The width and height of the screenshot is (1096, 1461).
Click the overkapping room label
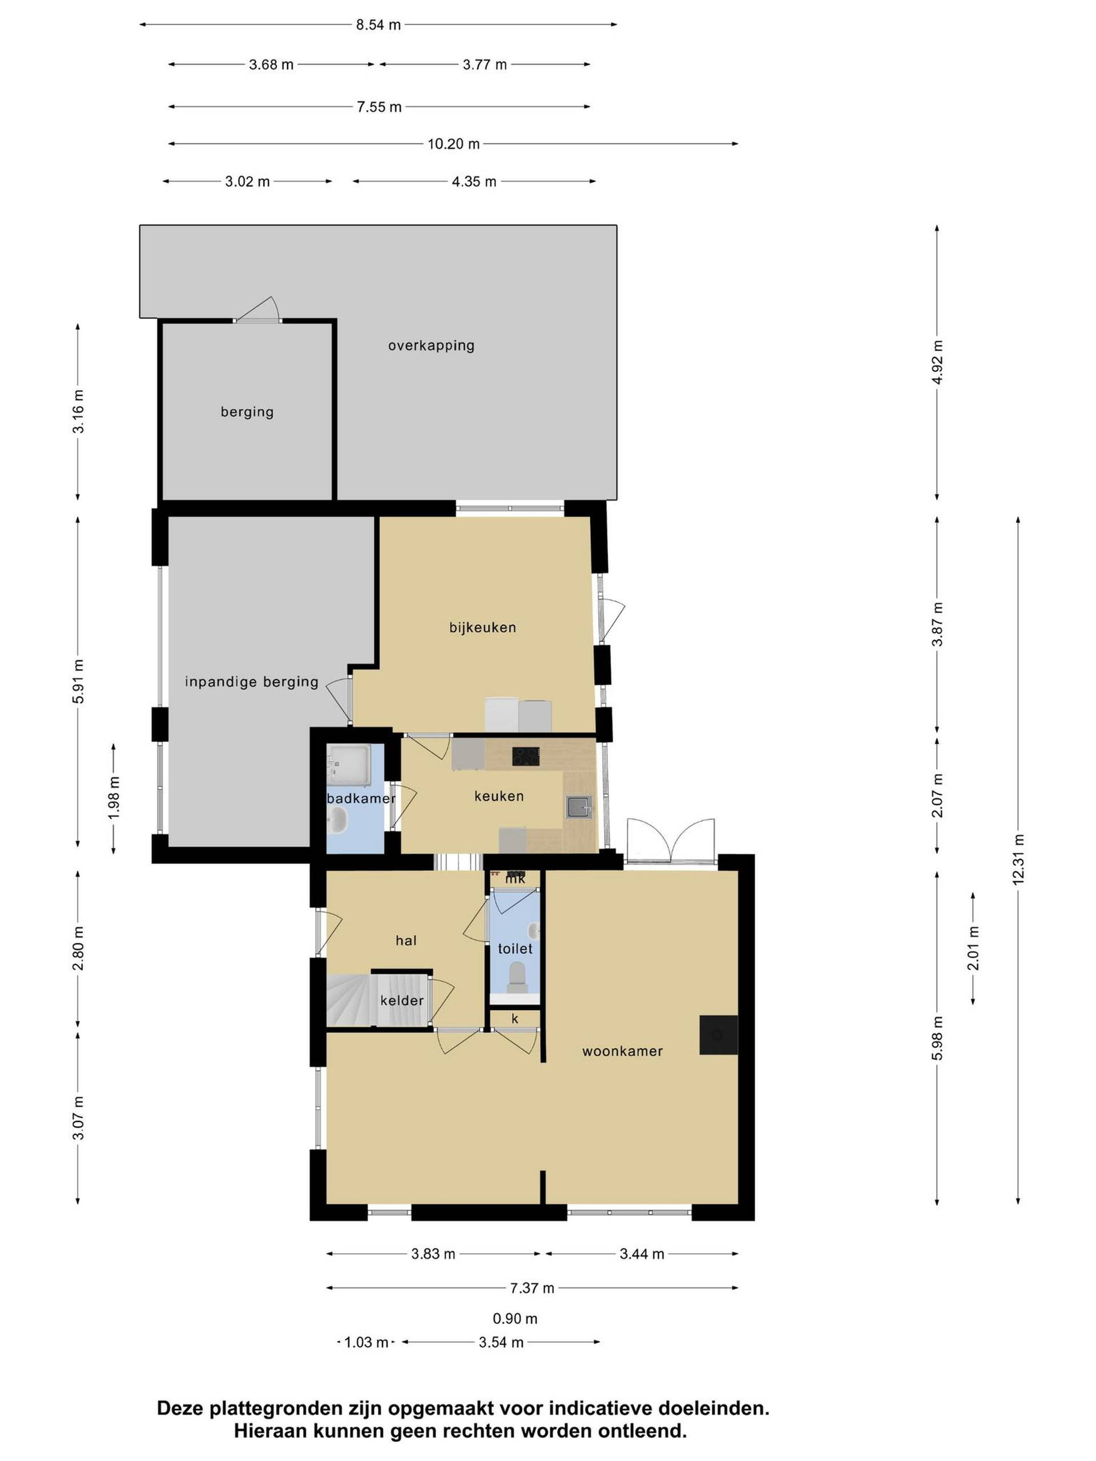pyautogui.click(x=431, y=345)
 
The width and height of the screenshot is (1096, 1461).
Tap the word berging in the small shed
pyautogui.click(x=247, y=412)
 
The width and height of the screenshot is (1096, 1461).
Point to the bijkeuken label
pyautogui.click(x=482, y=627)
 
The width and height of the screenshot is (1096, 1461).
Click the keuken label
pyautogui.click(x=499, y=796)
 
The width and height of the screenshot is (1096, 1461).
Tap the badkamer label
pyautogui.click(x=361, y=798)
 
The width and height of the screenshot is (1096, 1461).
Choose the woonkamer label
pyautogui.click(x=622, y=1051)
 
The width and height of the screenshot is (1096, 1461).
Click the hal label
pyautogui.click(x=406, y=941)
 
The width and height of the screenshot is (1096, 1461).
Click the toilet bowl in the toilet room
pyautogui.click(x=517, y=975)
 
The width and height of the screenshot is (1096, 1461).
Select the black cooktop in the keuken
pyautogui.click(x=525, y=756)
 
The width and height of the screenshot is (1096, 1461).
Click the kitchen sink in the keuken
pyautogui.click(x=579, y=807)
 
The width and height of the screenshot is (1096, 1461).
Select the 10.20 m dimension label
pyautogui.click(x=453, y=144)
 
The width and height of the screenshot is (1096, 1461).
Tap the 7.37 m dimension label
pyautogui.click(x=532, y=1288)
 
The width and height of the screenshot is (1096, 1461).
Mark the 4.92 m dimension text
pyautogui.click(x=937, y=361)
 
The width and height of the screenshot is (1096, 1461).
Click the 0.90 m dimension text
pyautogui.click(x=515, y=1319)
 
